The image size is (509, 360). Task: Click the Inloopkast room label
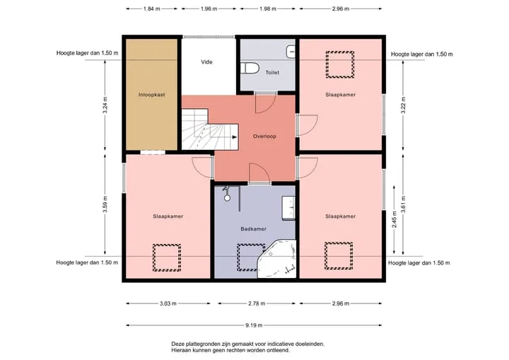[x=151, y=95]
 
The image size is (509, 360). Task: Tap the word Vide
[x=206, y=62]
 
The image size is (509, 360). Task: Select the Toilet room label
[x=272, y=72]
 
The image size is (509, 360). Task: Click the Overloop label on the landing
[x=264, y=137]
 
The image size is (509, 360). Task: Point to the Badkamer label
[x=253, y=229]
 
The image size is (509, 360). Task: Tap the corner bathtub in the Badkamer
[x=277, y=260]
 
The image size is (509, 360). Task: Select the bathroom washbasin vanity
[x=288, y=208]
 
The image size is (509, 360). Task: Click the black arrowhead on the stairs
[x=235, y=137]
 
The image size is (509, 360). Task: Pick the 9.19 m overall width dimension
[x=254, y=325]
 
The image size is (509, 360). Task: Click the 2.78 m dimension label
[x=257, y=303]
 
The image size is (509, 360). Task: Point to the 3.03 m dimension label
[x=168, y=303]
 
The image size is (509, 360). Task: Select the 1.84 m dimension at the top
[x=151, y=8]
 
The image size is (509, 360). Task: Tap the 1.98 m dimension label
[x=267, y=8]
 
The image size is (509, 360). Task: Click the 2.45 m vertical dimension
[x=394, y=220]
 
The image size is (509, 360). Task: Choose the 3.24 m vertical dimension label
[x=105, y=105]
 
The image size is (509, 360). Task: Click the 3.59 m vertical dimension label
[x=105, y=204]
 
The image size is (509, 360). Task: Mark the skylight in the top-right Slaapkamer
[x=340, y=64]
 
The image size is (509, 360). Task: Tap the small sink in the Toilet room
[x=291, y=52]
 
